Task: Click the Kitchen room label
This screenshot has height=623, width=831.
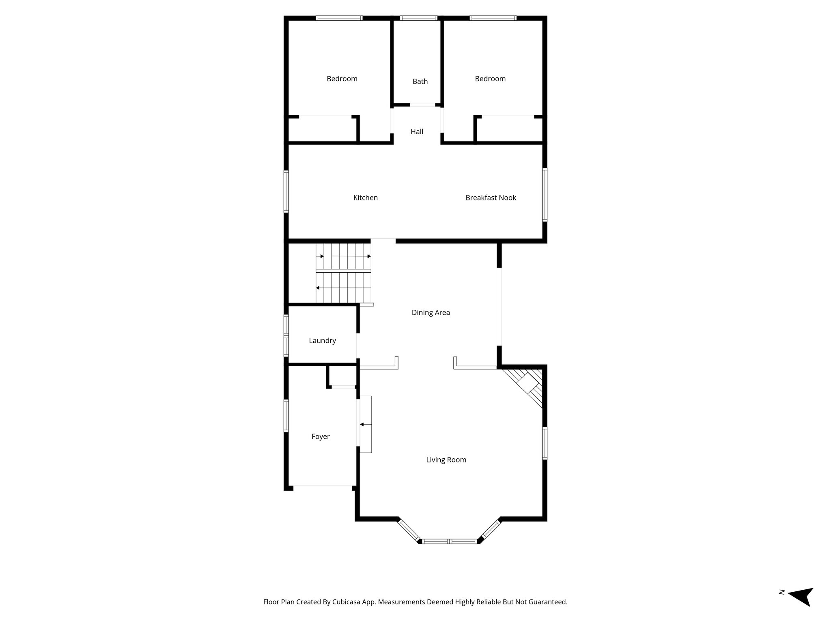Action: coord(365,198)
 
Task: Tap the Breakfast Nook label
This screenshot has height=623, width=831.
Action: coord(491,198)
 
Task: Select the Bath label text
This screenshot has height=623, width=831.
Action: coord(420,82)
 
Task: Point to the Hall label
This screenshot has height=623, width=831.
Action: coord(417,132)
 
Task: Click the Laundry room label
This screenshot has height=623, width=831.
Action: coord(322,341)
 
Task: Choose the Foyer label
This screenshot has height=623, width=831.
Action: coord(320,437)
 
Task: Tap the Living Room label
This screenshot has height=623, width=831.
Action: coord(446,460)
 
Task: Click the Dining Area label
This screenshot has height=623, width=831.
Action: coord(431,313)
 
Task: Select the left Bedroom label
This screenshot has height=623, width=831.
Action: coord(342,79)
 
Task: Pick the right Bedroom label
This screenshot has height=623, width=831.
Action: coord(490,79)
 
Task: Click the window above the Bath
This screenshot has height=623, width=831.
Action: coord(418,18)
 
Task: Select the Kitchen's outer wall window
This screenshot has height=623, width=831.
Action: coord(286,191)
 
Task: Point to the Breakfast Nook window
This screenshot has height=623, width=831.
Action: coord(545,195)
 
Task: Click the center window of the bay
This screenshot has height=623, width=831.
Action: coord(449,541)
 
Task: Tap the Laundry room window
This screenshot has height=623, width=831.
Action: coord(286,335)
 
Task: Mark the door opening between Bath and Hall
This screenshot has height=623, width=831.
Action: coord(422,105)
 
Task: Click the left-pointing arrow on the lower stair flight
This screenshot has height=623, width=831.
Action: coord(318,288)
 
